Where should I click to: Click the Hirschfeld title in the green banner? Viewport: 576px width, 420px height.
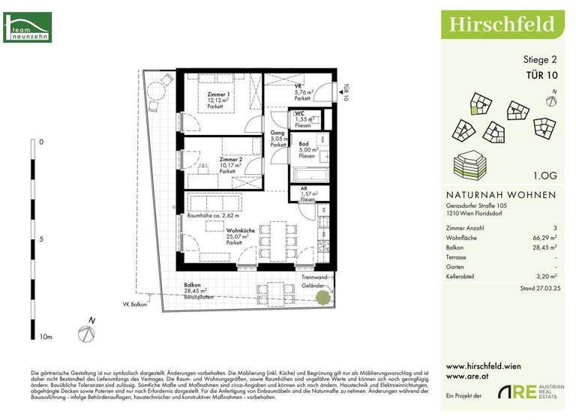tap(502, 24)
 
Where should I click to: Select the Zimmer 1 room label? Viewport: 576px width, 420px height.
tap(220, 95)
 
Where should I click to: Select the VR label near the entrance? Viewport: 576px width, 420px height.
tap(298, 86)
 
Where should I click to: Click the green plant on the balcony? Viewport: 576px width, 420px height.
tap(322, 296)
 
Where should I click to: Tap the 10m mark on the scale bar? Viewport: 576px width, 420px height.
tap(46, 337)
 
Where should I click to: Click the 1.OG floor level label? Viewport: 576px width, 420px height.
tap(544, 175)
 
